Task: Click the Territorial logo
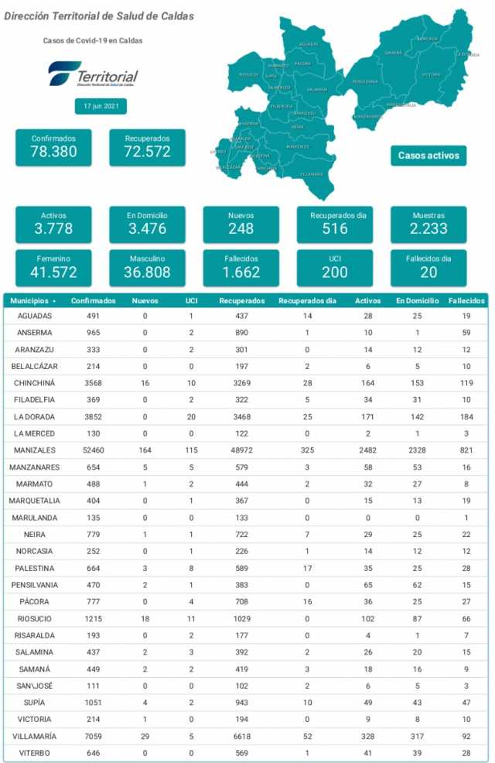(93, 74)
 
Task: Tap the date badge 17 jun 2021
(101, 107)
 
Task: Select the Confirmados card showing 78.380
(53, 146)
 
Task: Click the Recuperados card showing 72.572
(147, 146)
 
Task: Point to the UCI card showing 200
(335, 267)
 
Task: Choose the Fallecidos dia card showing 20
(428, 267)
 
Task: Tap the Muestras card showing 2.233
(428, 224)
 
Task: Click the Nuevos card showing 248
(241, 224)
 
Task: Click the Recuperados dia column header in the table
(307, 300)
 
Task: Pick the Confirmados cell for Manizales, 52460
(93, 450)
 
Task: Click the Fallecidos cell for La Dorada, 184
(466, 417)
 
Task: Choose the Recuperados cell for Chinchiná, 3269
(242, 383)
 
